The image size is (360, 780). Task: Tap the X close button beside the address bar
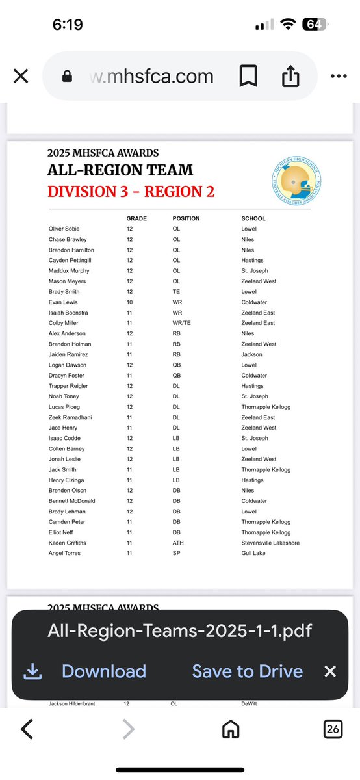click(21, 77)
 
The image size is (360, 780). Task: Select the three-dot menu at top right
click(339, 77)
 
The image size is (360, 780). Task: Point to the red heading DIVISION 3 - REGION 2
click(131, 191)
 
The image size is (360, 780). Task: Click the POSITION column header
click(186, 218)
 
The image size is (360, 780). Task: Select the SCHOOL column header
click(253, 218)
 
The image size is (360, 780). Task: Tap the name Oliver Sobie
click(64, 229)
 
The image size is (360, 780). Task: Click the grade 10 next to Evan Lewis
click(130, 302)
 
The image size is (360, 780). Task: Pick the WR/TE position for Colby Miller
click(182, 323)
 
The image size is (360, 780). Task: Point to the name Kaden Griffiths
click(68, 543)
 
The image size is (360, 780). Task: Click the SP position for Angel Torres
click(176, 553)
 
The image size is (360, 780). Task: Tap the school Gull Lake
click(253, 553)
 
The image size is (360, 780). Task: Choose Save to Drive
click(247, 671)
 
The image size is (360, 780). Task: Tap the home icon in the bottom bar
click(231, 730)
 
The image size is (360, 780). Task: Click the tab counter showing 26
click(333, 730)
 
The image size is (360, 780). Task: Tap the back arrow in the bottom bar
click(27, 730)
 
